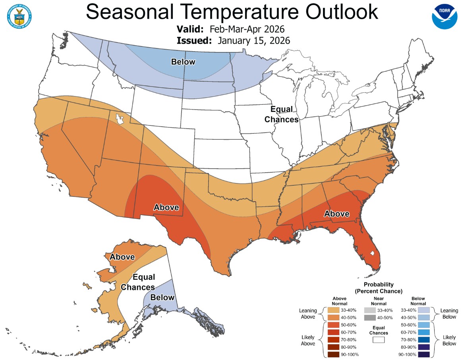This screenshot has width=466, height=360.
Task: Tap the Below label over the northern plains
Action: [183, 62]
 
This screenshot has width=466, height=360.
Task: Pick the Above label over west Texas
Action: [166, 207]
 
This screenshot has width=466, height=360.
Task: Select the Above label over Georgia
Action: [336, 214]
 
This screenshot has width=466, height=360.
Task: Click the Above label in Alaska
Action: [122, 257]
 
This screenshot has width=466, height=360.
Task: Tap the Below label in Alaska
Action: [162, 297]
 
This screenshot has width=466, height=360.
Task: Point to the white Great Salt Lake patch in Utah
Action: [119, 119]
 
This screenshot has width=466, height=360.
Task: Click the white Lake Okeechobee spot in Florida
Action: [372, 252]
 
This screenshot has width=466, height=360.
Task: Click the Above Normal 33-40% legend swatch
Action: [334, 310]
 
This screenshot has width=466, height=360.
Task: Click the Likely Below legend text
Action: [449, 340]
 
